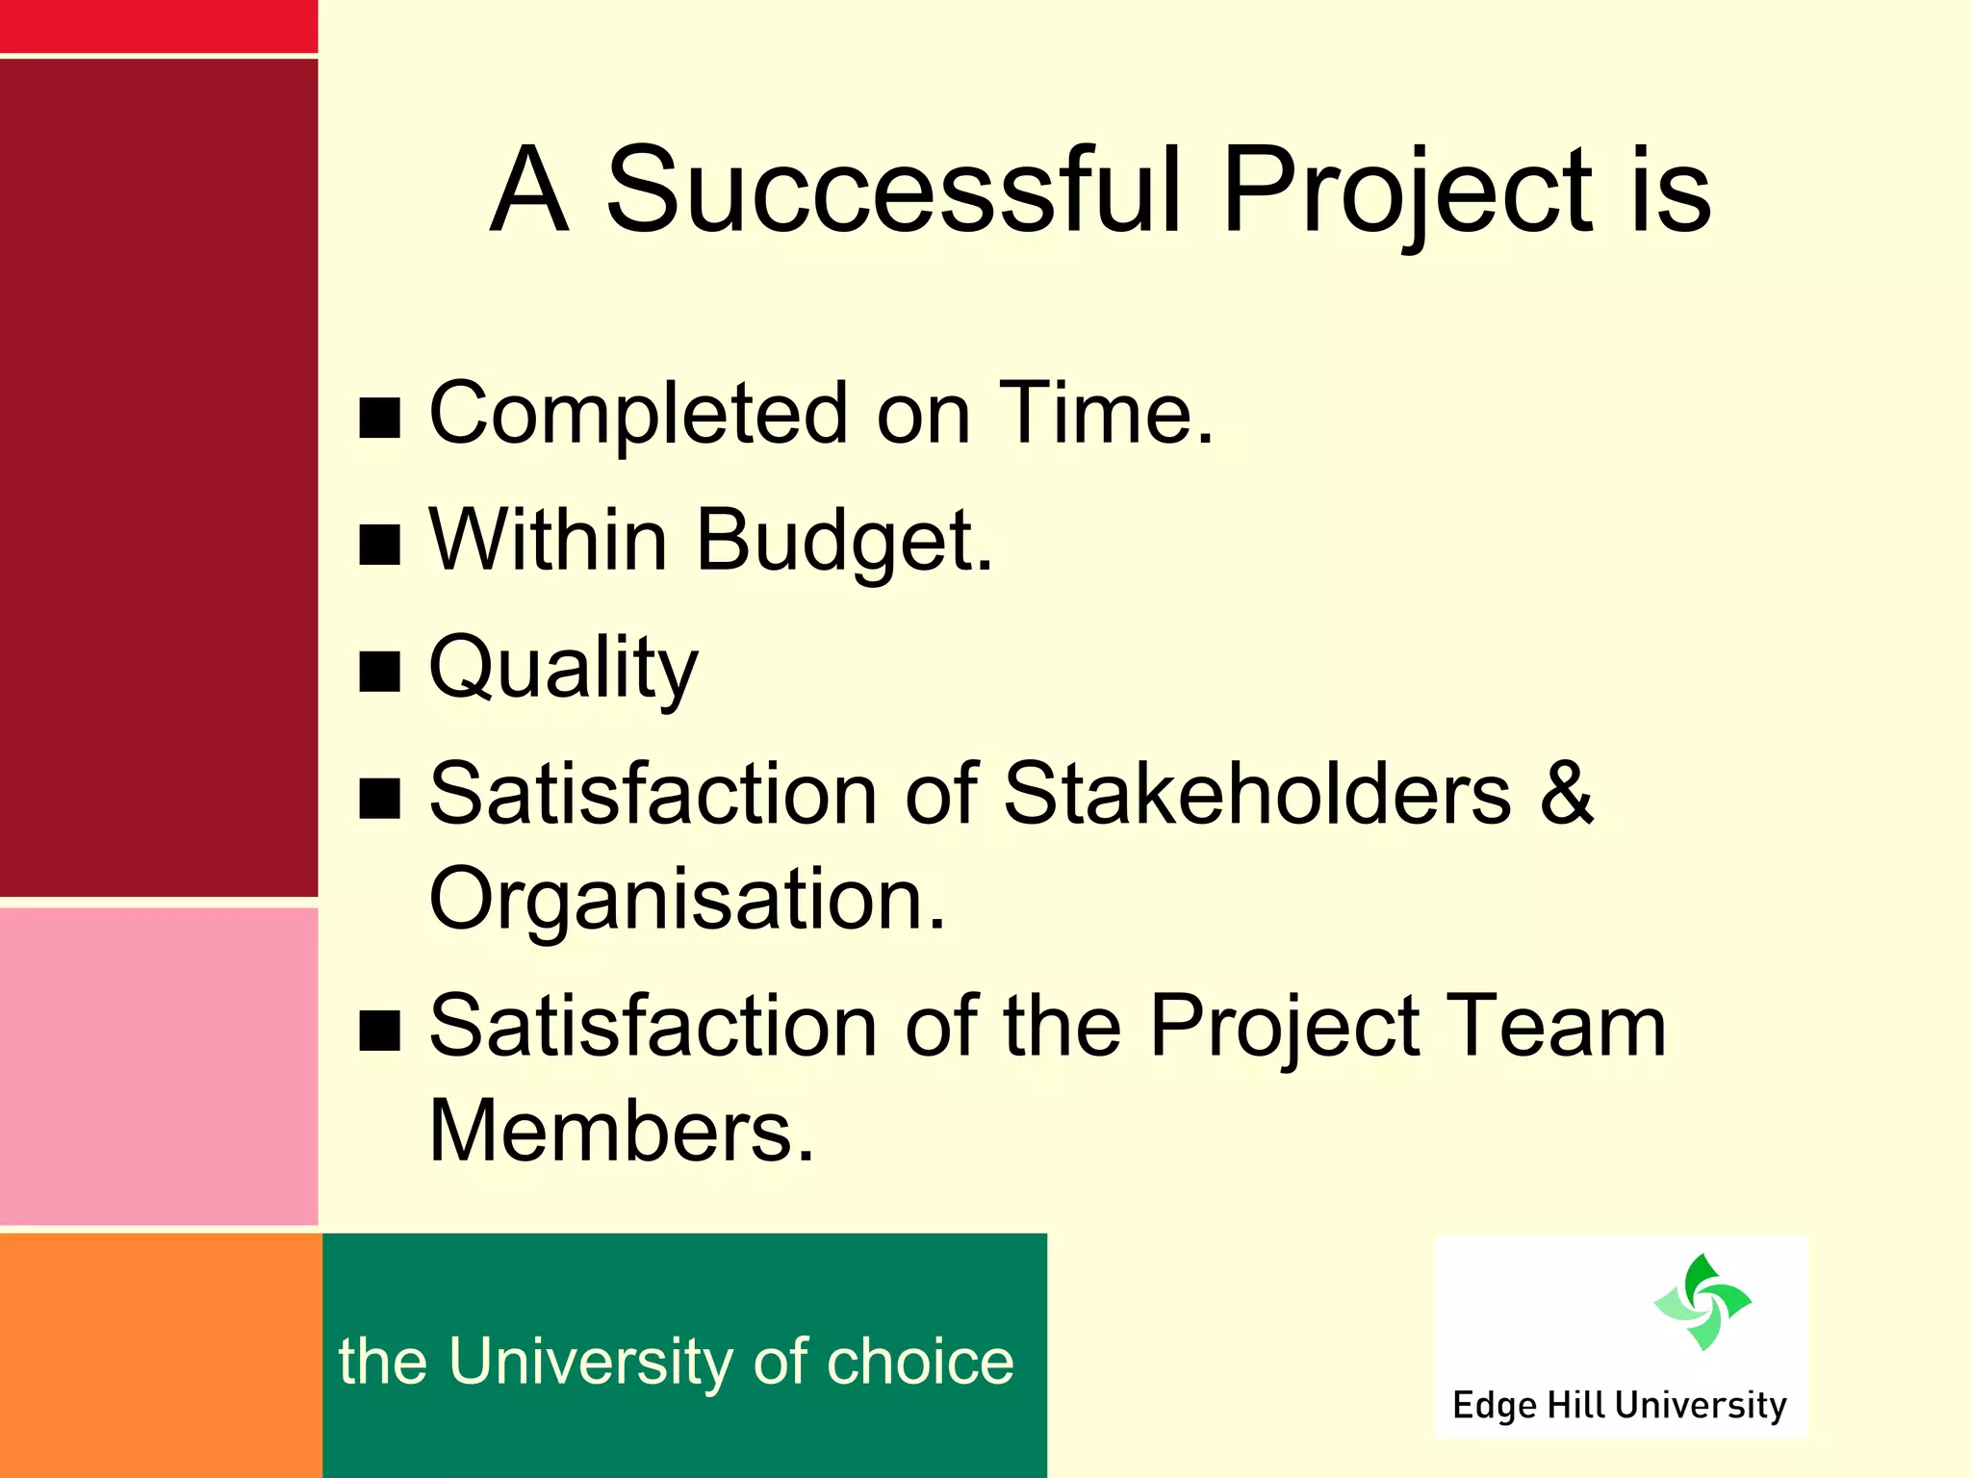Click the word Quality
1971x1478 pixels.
[x=563, y=670]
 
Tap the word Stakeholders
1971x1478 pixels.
[x=1257, y=794]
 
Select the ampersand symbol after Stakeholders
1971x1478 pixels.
[x=1567, y=794]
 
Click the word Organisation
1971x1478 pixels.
[x=686, y=900]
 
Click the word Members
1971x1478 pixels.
[x=620, y=1132]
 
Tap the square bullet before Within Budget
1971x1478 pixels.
[x=380, y=545]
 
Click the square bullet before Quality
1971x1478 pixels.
[x=380, y=672]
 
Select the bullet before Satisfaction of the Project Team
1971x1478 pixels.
[x=380, y=1030]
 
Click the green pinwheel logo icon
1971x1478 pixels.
[x=1702, y=1302]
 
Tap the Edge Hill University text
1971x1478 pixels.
[x=1619, y=1405]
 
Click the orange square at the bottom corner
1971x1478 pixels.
[x=160, y=1355]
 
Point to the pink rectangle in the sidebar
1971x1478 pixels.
[x=159, y=1066]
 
